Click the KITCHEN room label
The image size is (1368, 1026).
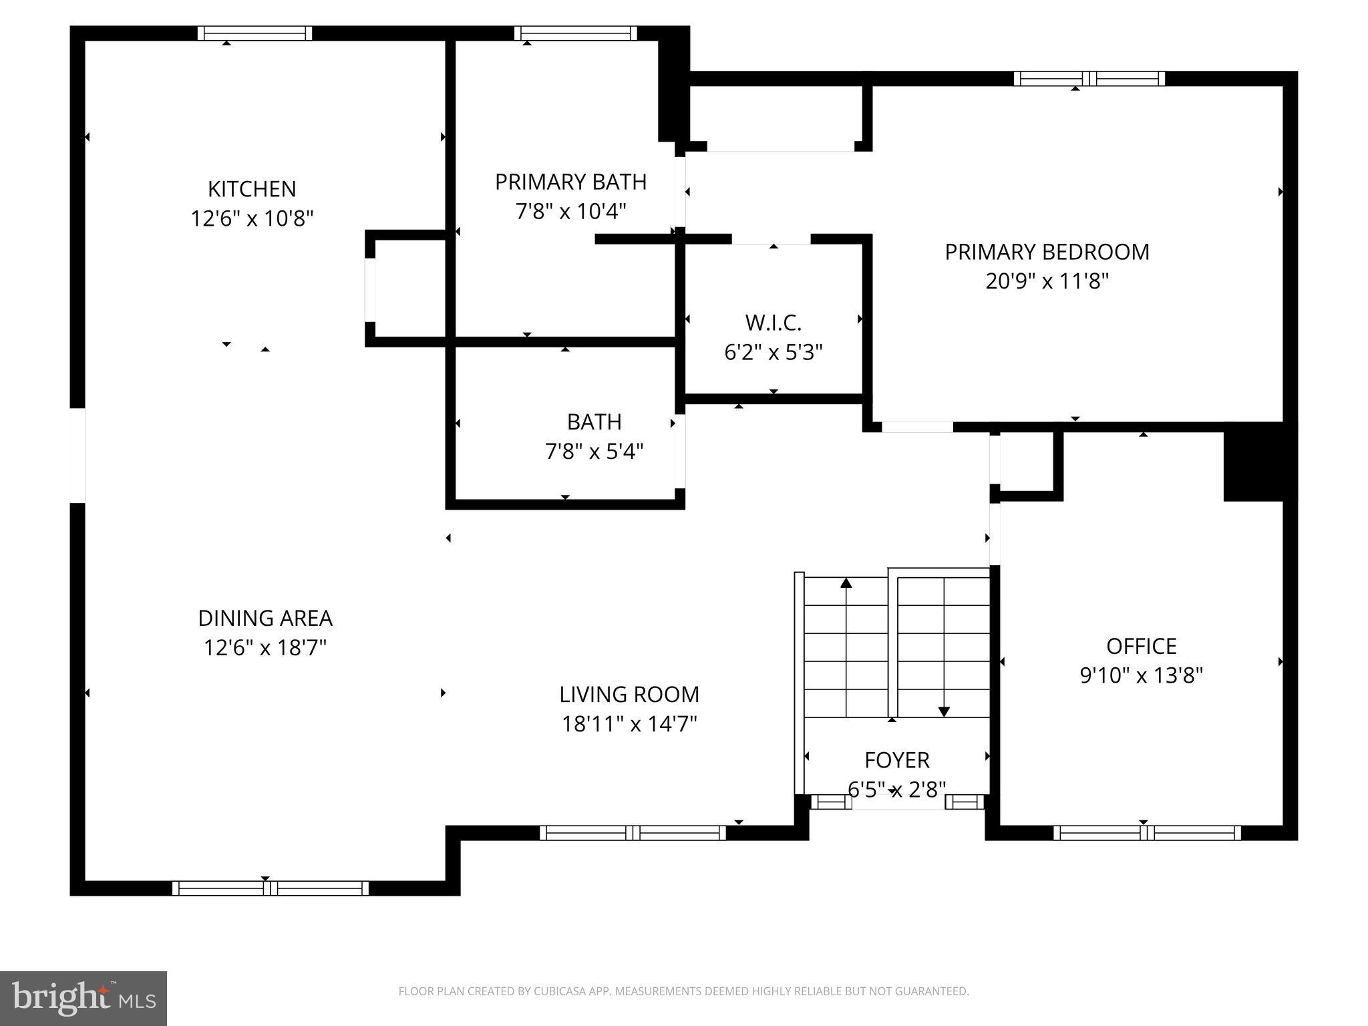coord(252,189)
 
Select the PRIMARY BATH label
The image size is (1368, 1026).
coord(570,182)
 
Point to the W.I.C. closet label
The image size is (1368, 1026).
coord(773,323)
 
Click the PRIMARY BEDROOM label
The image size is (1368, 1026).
coord(1047,252)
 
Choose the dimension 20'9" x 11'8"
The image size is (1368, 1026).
coord(1047,281)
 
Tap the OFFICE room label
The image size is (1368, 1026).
coord(1141,646)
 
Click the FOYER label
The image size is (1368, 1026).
coord(896,760)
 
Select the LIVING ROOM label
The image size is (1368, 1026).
coord(629,695)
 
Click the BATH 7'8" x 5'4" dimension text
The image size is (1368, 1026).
coord(594,452)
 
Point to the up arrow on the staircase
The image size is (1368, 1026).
coord(846,583)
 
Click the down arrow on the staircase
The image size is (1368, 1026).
coord(943,711)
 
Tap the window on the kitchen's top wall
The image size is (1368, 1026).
coord(254,33)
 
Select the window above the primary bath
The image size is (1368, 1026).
coord(575,33)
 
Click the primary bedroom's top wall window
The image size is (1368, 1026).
coord(1089,79)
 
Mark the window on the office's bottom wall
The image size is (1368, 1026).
coord(1146,833)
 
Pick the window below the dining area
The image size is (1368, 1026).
coord(270,888)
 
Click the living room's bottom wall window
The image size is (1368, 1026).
coord(632,833)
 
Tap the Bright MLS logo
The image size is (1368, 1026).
coord(83,998)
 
